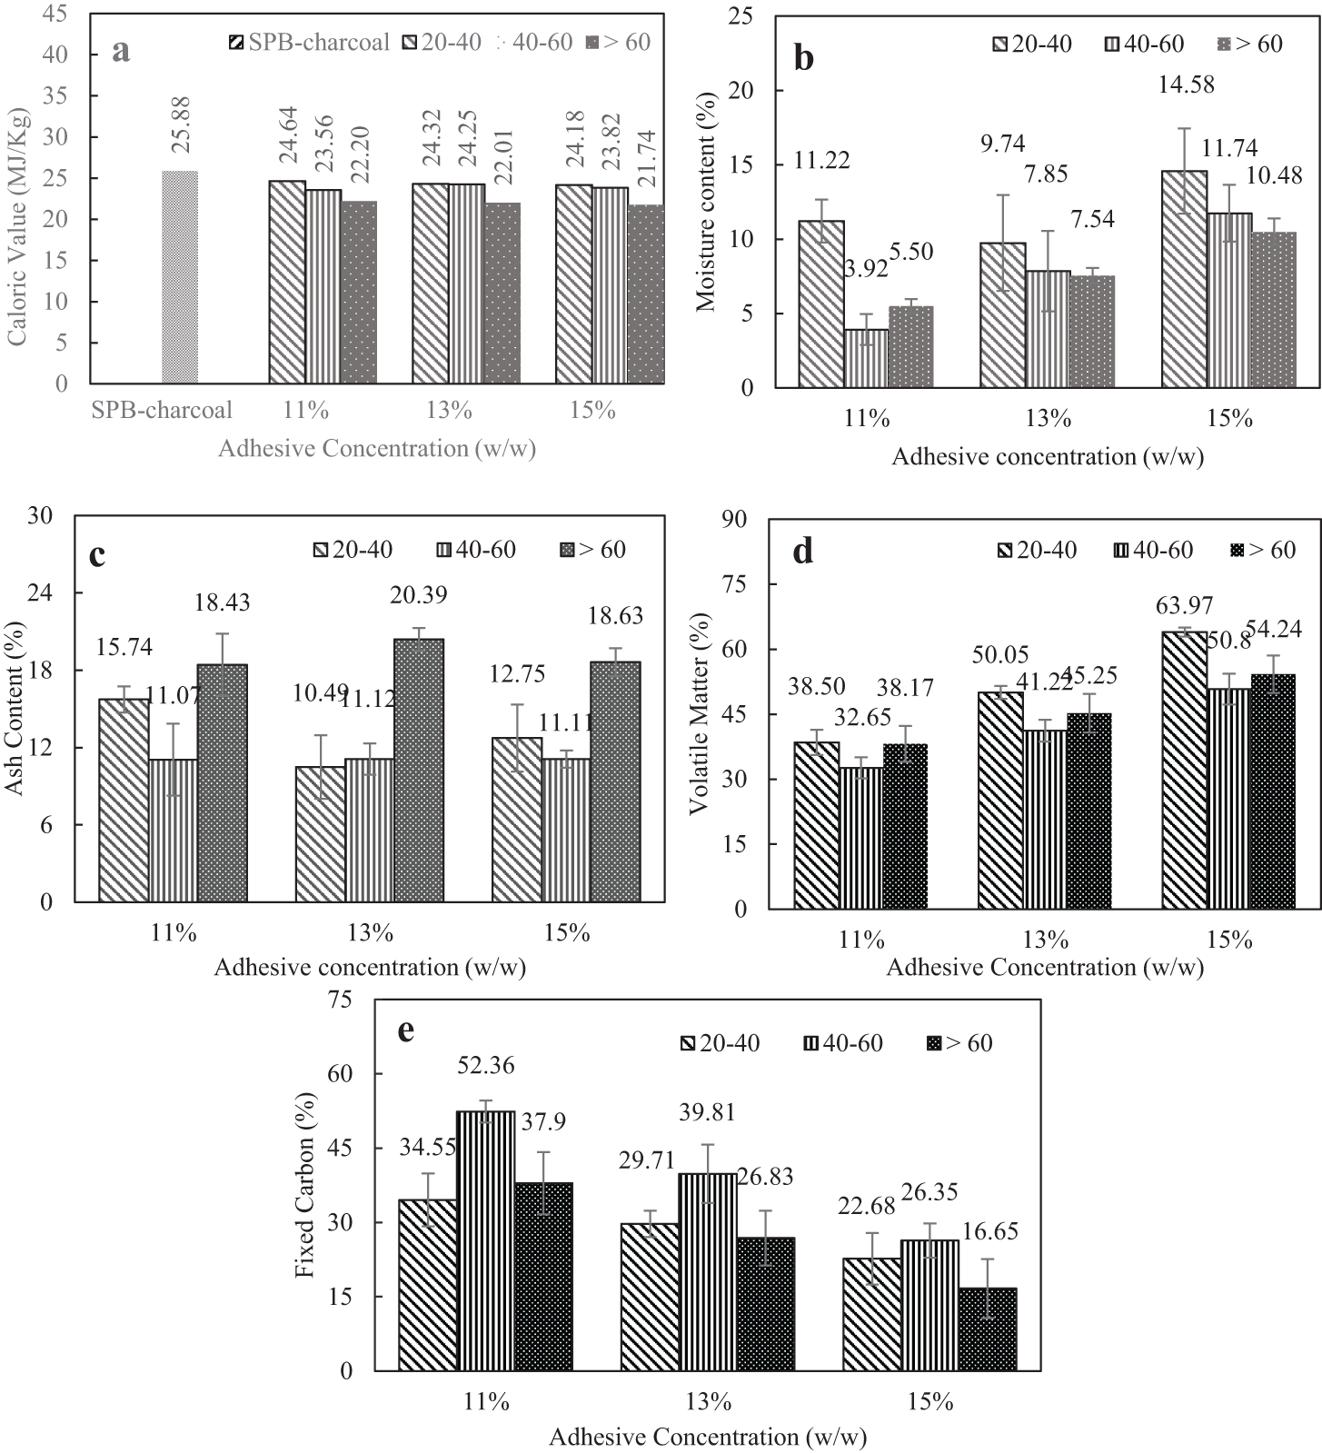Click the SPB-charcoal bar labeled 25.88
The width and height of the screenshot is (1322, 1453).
180,277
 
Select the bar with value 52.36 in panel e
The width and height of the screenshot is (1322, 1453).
485,1240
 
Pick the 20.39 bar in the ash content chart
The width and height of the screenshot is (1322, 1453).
419,771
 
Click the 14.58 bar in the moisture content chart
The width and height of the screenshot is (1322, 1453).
1184,279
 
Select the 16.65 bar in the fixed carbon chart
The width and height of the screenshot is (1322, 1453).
987,1329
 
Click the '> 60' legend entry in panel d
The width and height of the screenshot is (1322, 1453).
1263,550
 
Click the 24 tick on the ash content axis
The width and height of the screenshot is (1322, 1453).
41,592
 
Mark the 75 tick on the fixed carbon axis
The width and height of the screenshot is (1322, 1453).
341,1000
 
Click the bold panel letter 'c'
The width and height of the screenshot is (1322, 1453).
97,554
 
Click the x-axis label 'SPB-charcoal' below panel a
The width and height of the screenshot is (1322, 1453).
162,411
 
